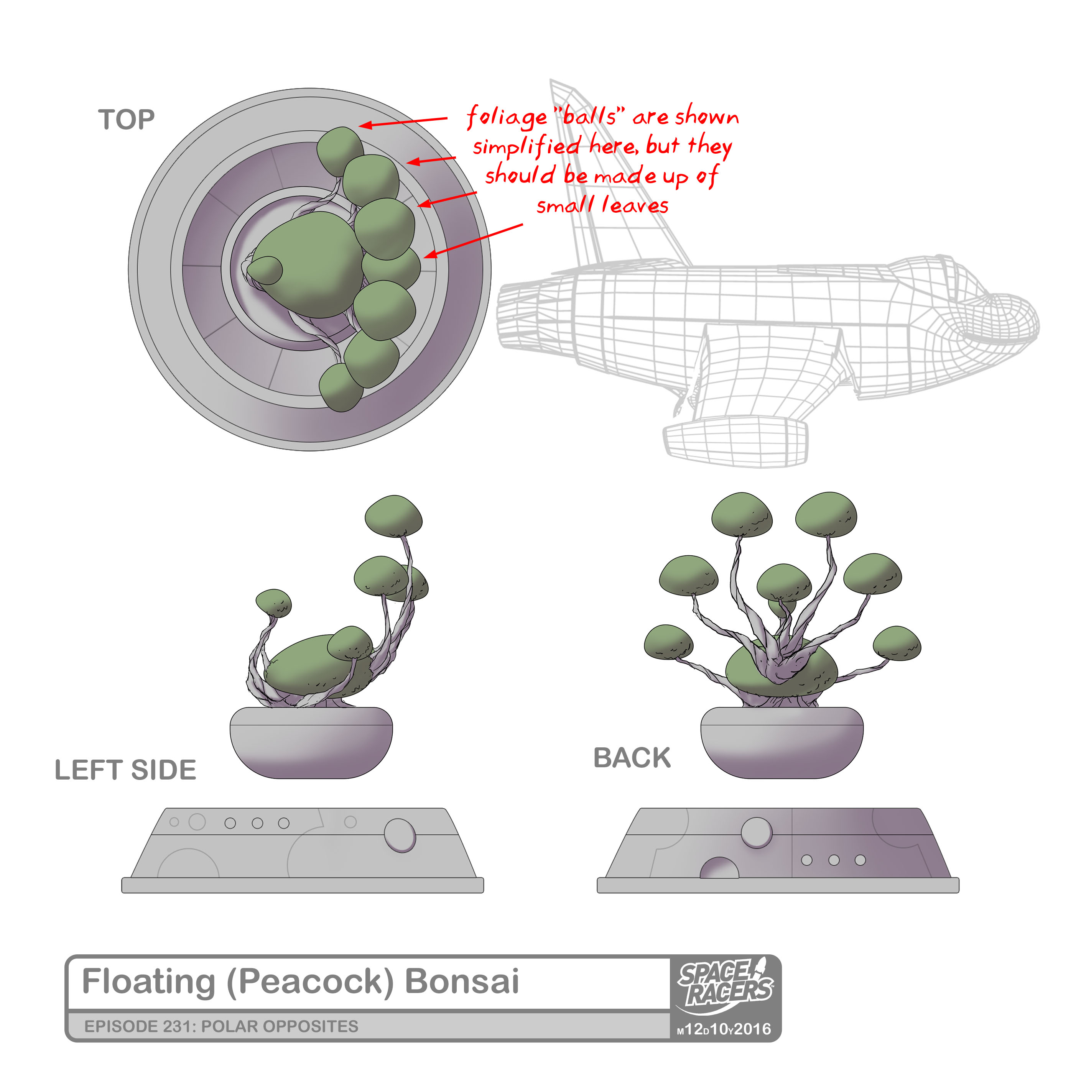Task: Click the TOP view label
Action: tap(127, 120)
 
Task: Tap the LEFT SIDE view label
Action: tap(125, 770)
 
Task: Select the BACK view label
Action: tap(632, 758)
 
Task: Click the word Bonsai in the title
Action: tap(461, 981)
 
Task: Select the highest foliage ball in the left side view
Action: tap(393, 515)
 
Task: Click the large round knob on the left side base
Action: tap(400, 834)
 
